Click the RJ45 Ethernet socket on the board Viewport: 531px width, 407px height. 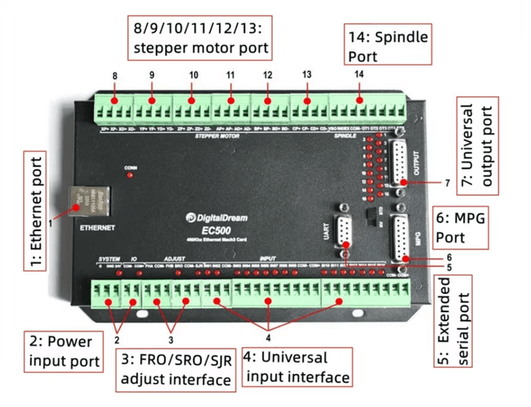[86, 199]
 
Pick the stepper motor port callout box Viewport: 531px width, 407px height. [200, 38]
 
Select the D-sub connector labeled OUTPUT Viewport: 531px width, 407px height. [401, 167]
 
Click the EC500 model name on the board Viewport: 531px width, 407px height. [214, 232]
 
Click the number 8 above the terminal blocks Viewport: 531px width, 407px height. [114, 77]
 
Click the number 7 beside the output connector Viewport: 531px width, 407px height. [446, 181]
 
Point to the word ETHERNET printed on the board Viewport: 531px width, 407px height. [90, 226]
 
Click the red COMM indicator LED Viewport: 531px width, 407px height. [131, 176]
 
